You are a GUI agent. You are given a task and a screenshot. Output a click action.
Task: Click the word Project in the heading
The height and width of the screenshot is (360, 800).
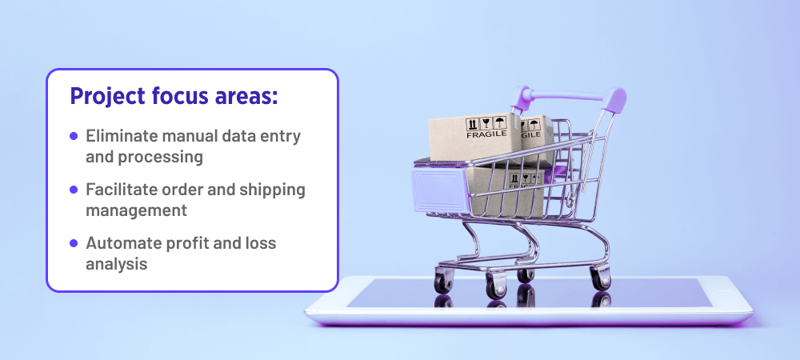(x=105, y=96)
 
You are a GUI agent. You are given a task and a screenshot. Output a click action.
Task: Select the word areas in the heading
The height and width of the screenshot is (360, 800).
(x=245, y=96)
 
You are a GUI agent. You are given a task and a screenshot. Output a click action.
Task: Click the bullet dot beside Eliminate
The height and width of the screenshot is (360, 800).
(x=74, y=136)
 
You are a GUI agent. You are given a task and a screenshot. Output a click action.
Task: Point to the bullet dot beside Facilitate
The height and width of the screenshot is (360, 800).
(x=74, y=190)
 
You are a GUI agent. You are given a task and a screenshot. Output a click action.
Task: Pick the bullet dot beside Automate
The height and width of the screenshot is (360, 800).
(x=74, y=242)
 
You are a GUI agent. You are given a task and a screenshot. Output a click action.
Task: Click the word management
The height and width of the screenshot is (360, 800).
(x=136, y=210)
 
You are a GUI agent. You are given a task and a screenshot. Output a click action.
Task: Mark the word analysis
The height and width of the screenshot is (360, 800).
(x=116, y=263)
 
